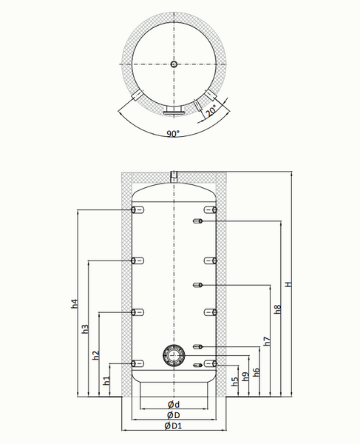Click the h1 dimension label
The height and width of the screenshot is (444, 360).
[x=107, y=380]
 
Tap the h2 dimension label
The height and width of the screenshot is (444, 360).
[x=96, y=355]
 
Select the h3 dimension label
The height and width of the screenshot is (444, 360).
[x=86, y=329]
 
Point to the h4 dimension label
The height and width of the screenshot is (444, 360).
[x=75, y=304]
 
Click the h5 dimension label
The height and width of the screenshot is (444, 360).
[x=235, y=382]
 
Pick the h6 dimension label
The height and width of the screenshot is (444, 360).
[x=257, y=372]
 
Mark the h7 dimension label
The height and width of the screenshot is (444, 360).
[x=268, y=341]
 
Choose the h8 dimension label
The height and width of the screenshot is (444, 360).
[x=278, y=309]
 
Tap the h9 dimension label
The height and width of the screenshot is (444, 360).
[x=246, y=377]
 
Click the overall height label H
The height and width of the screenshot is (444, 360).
[x=288, y=284]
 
